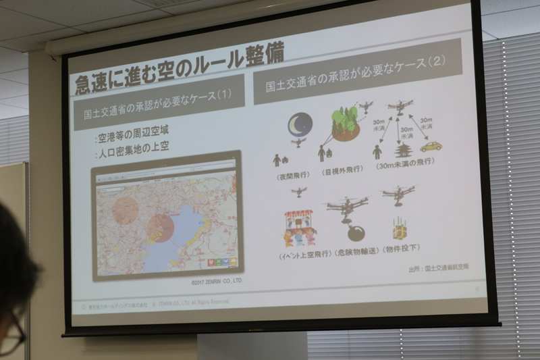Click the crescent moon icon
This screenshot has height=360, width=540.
(300, 124)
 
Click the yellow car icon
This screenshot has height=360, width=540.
(431, 146)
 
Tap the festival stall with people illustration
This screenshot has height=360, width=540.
(300, 228)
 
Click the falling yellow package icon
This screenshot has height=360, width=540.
(400, 230)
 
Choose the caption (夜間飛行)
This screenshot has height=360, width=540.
(292, 175)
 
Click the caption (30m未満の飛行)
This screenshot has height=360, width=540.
(406, 161)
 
